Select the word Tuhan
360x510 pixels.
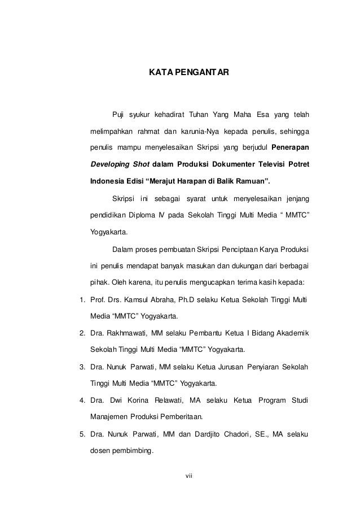tap(199, 116)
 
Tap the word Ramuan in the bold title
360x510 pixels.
tap(253, 181)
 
